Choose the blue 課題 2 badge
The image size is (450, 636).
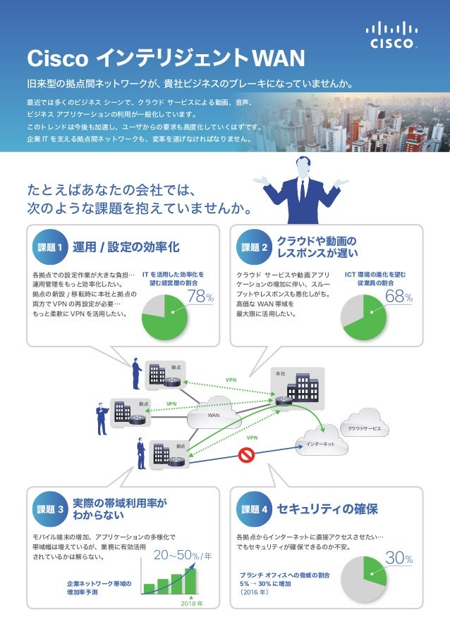point(254,247)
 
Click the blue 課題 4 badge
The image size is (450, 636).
point(254,509)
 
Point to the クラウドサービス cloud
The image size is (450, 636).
point(364,427)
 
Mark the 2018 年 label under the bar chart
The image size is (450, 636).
point(192,604)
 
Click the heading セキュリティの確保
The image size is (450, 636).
point(327,509)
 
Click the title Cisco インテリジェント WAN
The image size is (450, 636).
point(164,57)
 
